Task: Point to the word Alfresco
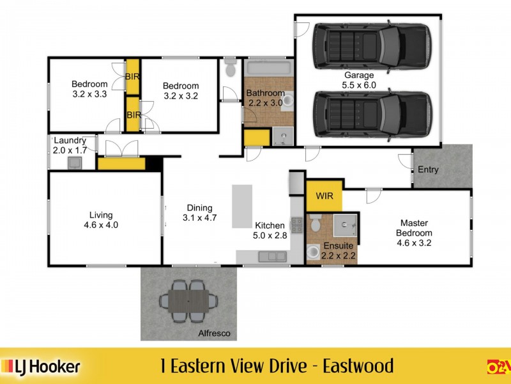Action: tap(214, 333)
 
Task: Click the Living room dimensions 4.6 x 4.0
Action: tap(101, 225)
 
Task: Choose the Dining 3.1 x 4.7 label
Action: tap(199, 212)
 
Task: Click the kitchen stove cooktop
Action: tap(296, 225)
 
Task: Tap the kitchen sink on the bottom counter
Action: tap(273, 256)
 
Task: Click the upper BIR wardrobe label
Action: tap(133, 76)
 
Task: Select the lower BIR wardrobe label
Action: tap(133, 115)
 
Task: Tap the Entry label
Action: tap(429, 170)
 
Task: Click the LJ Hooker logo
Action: tap(42, 366)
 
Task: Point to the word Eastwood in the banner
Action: tap(358, 366)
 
